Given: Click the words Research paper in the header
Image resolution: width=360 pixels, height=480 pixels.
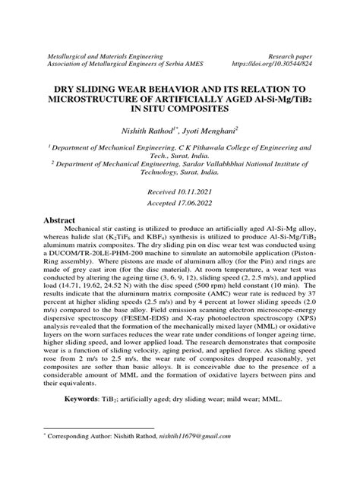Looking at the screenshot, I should pyautogui.click(x=287, y=56).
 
